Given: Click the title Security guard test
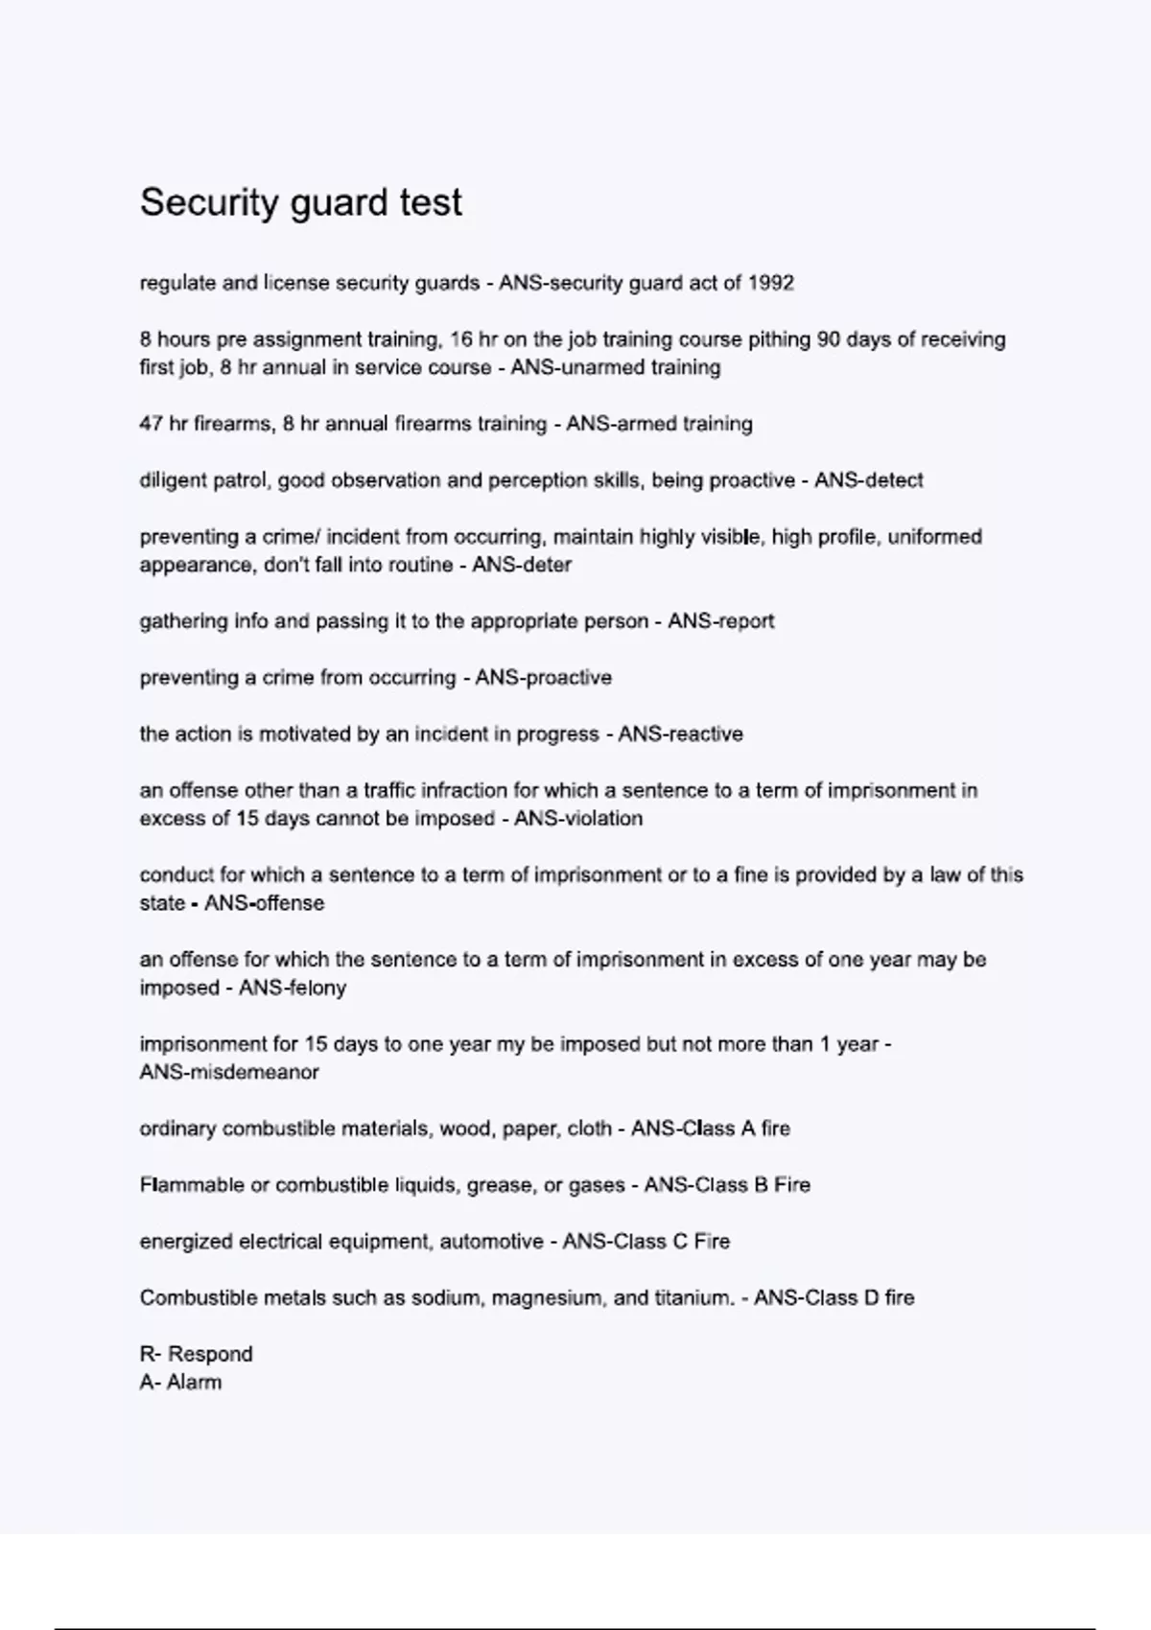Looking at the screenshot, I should [300, 202].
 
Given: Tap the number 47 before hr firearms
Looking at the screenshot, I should [152, 424].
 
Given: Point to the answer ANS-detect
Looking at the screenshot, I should [868, 480].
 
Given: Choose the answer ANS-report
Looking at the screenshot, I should [720, 621].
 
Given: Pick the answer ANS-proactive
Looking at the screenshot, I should [543, 678].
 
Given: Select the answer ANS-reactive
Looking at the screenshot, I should [680, 734].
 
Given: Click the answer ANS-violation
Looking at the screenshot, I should [578, 819].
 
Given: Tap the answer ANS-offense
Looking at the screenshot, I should [264, 903].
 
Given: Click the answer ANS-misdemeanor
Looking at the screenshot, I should [229, 1072].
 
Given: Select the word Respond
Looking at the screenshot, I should [210, 1354].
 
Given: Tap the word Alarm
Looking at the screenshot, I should [194, 1383].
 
